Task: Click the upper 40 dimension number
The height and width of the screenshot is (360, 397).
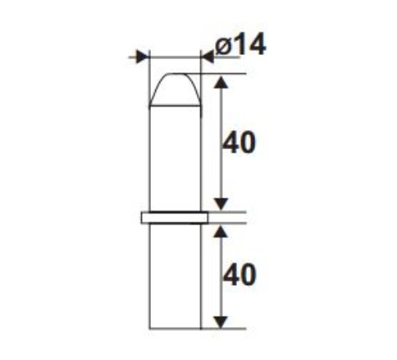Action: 239,143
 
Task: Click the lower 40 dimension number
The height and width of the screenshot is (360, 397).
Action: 239,275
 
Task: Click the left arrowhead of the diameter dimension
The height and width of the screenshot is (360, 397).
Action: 143,57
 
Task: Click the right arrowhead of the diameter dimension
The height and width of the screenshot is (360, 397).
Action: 208,57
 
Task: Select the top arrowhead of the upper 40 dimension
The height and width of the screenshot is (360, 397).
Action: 221,82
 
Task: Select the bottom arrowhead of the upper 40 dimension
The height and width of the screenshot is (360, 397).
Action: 221,204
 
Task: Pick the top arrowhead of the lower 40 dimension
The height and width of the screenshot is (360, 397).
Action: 221,231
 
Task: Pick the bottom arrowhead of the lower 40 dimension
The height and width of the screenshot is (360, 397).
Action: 221,322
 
